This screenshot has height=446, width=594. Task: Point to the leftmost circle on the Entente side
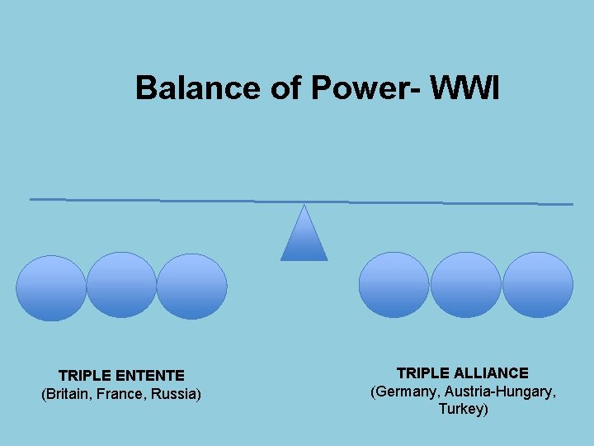[x=51, y=287]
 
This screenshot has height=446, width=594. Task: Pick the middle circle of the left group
[x=121, y=285]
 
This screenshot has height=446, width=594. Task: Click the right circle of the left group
[x=191, y=286]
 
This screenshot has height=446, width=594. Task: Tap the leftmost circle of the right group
[x=394, y=285]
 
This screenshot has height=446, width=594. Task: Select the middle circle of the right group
[x=465, y=285]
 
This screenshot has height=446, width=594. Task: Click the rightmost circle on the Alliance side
[x=537, y=285]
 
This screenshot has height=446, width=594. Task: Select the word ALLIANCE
[x=490, y=373]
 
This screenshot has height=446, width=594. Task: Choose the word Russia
[x=174, y=394]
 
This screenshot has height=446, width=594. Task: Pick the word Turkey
[x=462, y=409]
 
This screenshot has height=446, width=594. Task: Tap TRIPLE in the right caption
[x=423, y=373]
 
